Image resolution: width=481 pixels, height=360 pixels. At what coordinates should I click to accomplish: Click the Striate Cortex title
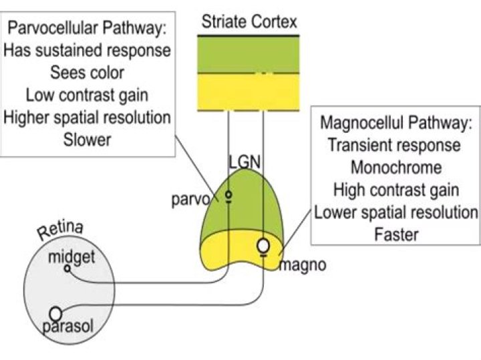point(249,23)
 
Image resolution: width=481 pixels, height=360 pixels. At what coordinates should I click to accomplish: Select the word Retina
point(60,232)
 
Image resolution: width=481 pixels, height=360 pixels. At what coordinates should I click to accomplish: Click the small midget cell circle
point(67,268)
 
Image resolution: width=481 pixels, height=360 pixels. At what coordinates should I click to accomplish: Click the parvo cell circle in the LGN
point(228,196)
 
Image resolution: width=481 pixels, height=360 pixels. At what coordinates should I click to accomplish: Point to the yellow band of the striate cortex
point(249,92)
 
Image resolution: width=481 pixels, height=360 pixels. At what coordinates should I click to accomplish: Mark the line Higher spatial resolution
point(87,118)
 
